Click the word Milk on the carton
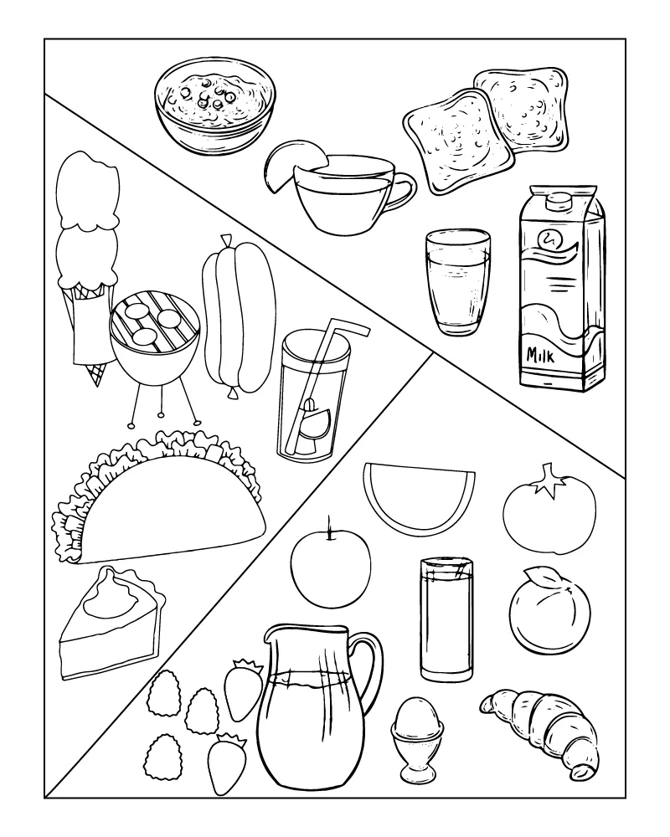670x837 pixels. pos(540,354)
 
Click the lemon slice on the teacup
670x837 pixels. pos(291,164)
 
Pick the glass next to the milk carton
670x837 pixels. pos(458,282)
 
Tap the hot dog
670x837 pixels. pos(239,316)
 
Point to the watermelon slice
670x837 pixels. pos(419,496)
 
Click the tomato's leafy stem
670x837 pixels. pos(549,479)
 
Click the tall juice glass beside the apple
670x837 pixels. pos(446,619)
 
